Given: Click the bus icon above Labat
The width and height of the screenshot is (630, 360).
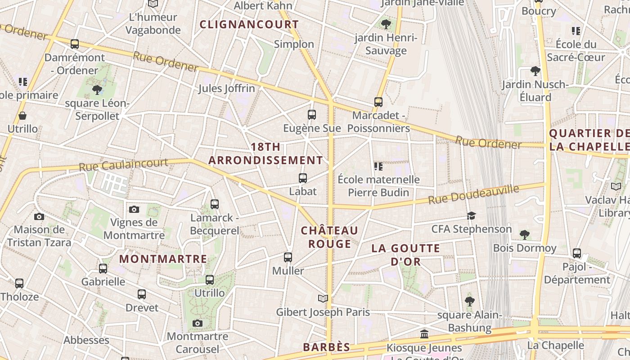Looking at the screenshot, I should (x=303, y=178).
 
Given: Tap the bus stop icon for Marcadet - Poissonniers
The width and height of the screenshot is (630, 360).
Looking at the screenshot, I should (x=378, y=102).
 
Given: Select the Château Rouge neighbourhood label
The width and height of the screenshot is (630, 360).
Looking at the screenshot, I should (x=329, y=237).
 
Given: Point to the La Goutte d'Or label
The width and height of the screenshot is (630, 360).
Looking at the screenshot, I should (x=405, y=255).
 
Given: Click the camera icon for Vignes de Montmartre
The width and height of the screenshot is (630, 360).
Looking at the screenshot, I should (x=134, y=209).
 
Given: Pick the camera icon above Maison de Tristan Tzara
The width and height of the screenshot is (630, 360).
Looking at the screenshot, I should (x=39, y=216).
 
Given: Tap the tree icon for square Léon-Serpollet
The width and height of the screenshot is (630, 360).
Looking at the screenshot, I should (x=97, y=90).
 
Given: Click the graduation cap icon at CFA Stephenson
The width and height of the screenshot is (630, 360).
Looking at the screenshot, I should (x=471, y=216).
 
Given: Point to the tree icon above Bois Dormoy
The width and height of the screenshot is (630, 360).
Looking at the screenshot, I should (x=524, y=234).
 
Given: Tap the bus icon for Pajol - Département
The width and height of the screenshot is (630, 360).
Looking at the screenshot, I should (x=577, y=253).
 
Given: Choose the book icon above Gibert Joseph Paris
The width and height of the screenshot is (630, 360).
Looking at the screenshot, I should (x=323, y=298).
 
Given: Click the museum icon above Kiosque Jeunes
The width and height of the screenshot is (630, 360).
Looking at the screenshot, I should (x=424, y=334).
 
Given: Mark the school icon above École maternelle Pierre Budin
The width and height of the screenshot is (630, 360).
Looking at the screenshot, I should (x=378, y=166).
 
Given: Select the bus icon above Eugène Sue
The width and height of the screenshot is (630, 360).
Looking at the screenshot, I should (x=312, y=115).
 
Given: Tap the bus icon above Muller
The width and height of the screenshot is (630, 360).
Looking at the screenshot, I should (x=288, y=257).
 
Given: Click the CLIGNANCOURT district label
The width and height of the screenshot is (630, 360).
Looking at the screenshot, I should (x=249, y=24).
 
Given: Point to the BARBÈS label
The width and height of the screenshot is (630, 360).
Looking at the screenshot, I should (x=326, y=347).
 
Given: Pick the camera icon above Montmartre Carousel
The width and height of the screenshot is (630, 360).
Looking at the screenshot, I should (x=197, y=323).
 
